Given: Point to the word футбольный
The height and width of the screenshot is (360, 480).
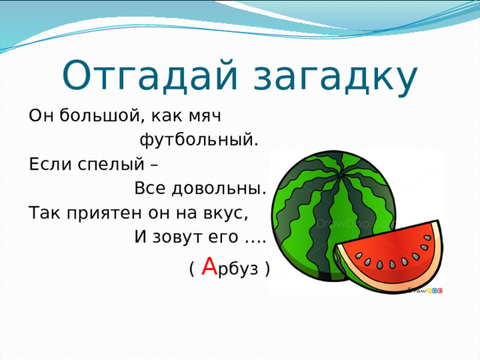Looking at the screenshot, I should pos(199,140).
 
